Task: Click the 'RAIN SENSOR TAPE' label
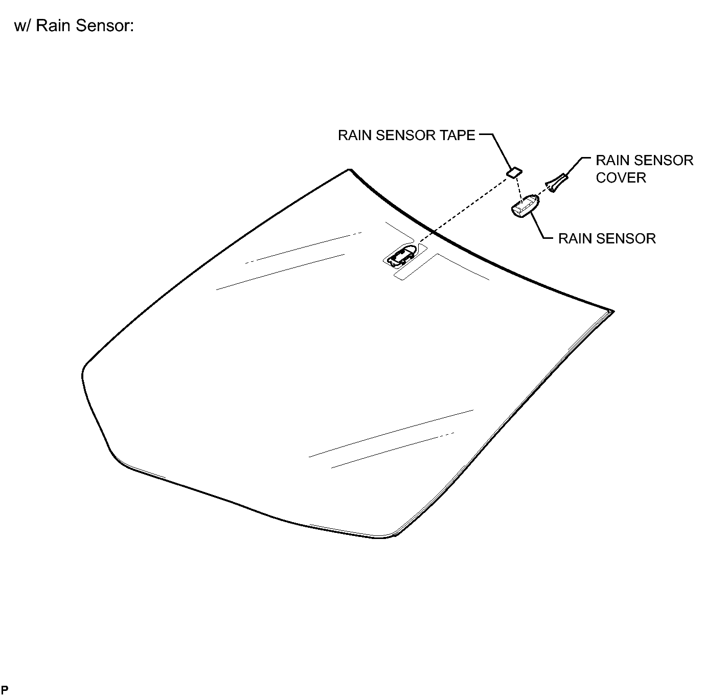pos(406,135)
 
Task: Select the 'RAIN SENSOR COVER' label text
pos(644,169)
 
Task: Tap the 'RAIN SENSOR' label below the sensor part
pos(607,238)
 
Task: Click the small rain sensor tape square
pos(514,172)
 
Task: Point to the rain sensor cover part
pos(556,182)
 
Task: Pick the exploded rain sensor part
pos(525,206)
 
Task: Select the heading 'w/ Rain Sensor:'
pos(74,26)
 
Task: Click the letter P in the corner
pos(5,689)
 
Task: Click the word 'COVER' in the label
pos(621,178)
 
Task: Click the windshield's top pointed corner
pos(349,169)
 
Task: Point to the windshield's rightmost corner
pos(613,311)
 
